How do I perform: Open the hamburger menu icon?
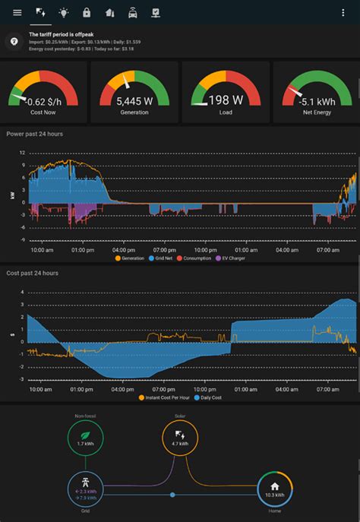coord(17,12)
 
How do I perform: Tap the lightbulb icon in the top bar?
coord(63,12)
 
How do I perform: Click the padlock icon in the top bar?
coord(87,12)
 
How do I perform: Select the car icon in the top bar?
coord(132,12)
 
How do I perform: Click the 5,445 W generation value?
coord(134,100)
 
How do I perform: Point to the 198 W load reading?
coord(225,100)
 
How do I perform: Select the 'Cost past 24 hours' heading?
coord(32,273)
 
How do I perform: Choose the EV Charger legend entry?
coord(232,258)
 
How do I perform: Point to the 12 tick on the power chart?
coord(23,153)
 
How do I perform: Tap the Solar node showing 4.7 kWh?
coord(180,438)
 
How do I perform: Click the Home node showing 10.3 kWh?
coord(275,489)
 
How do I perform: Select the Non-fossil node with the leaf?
coord(85,438)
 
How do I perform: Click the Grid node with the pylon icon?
coord(85,489)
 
